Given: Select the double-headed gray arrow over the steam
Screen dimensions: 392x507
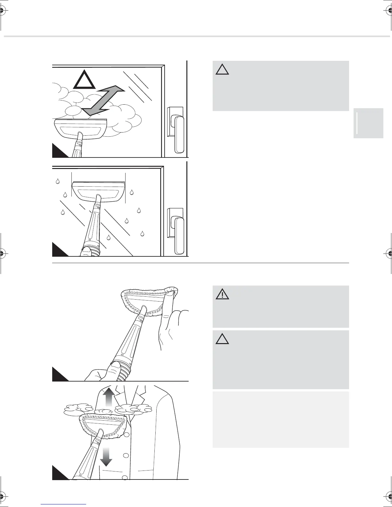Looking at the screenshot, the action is tap(102, 99).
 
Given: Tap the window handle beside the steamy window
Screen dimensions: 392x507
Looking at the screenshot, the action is tap(177, 131).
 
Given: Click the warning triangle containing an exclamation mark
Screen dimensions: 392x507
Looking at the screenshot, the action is tap(222, 294).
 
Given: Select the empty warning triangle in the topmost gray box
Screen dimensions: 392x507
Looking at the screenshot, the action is tap(222, 69).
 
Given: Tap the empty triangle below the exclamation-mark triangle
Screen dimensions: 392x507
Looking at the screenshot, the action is tap(222, 338).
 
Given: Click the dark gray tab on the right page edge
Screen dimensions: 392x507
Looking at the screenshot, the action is tap(368, 123).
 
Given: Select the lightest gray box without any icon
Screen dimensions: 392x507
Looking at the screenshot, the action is tap(281, 419).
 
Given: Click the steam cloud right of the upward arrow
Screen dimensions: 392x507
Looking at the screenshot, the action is tap(133, 409).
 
